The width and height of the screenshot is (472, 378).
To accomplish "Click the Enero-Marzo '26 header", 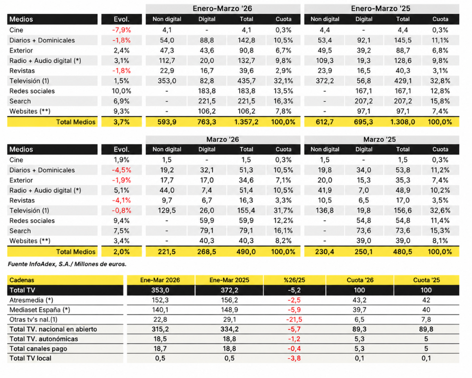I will click(223, 9).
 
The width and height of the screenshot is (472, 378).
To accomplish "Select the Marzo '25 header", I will click(381, 139).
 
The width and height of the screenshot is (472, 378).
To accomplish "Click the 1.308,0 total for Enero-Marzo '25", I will click(403, 122).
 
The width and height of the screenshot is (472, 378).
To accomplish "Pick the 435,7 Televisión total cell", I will click(246, 81).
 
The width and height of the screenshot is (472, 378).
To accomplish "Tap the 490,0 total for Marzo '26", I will click(246, 252).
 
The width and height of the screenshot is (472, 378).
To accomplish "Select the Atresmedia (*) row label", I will click(32, 300).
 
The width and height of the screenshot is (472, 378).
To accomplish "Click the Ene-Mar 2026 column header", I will click(160, 280).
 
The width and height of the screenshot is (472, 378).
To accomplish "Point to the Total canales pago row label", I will click(38, 348).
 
